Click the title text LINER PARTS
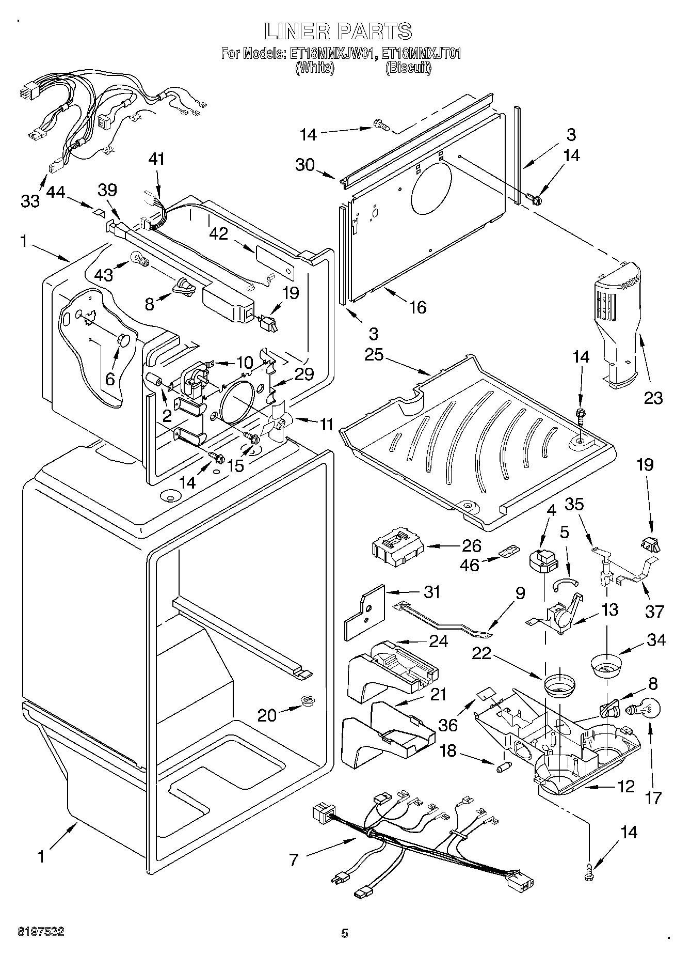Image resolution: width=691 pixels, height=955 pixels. pos(338,31)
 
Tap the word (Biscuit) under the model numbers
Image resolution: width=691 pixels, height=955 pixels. pos(409,68)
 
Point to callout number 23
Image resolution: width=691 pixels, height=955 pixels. pos(653,398)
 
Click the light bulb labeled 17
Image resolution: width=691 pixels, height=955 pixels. pos(639,710)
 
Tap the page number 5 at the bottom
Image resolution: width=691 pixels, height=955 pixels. pos(345,933)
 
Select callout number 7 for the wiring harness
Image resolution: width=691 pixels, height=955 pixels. pos(294,860)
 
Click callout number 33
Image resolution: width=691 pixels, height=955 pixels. pos(30,200)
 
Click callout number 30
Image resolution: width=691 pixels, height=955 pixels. pos(305,165)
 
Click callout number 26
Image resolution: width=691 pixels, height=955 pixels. pos(471,546)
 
